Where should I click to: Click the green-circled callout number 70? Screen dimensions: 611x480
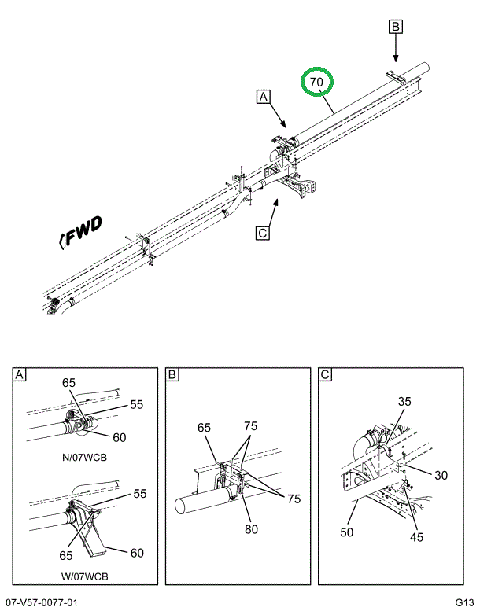316,83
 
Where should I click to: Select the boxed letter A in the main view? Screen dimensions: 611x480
263,98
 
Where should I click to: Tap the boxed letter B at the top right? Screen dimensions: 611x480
396,27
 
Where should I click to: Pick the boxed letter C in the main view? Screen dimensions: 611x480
263,232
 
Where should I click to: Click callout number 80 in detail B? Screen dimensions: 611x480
251,529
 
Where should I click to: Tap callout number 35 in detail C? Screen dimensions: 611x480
404,402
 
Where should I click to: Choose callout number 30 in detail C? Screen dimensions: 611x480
440,475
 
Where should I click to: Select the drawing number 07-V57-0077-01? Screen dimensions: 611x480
41,602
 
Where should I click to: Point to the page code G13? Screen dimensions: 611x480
464,602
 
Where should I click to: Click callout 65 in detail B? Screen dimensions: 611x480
204,429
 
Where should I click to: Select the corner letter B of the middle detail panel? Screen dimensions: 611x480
172,375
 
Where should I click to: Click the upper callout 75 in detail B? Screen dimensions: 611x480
250,425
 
